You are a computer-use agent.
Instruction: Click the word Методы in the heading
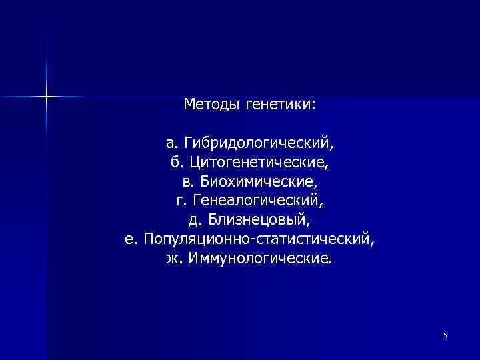click(211, 105)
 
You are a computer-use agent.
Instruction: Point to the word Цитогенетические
click(258, 162)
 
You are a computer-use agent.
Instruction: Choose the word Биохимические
click(259, 181)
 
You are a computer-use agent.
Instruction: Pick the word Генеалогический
click(259, 200)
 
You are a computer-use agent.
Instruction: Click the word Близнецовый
click(257, 219)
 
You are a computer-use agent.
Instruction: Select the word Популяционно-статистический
click(259, 238)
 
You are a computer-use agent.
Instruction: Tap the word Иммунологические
click(259, 257)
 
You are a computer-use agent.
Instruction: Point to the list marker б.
click(176, 162)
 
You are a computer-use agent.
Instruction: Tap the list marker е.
click(130, 238)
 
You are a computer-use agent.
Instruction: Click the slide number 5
click(445, 335)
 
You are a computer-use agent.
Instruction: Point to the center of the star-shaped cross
click(47, 97)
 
